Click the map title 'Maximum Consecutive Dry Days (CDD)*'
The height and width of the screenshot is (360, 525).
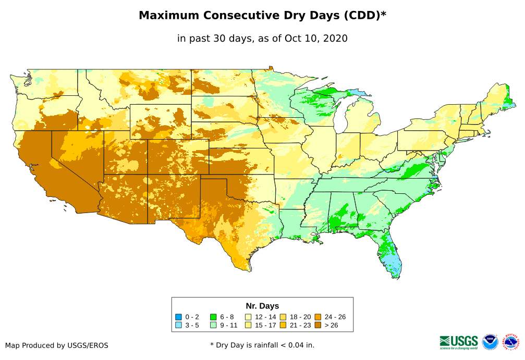coord(262,16)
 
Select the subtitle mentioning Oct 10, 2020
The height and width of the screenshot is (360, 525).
coord(262,39)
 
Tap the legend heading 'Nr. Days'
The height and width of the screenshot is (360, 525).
coord(262,306)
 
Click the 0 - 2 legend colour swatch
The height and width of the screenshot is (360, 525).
coord(178,317)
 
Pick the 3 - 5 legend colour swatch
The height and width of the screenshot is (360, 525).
coord(178,325)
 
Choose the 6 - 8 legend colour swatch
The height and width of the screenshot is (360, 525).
coord(213,317)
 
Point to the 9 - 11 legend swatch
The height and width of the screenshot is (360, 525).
coord(213,325)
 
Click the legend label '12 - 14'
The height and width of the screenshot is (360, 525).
coord(265,317)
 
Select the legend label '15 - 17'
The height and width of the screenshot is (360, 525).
coord(265,325)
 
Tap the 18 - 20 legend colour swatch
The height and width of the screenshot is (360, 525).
coord(283,317)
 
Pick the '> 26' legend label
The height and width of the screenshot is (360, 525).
coord(332,325)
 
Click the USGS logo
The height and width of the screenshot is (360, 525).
coord(459,342)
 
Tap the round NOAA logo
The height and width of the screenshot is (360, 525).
coord(490,342)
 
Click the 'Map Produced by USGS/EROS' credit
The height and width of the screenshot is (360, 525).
coord(57,345)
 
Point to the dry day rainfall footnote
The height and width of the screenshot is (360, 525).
coord(262,345)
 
